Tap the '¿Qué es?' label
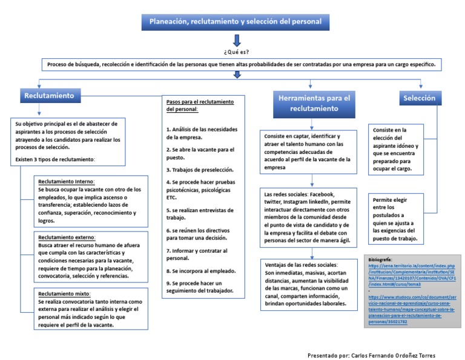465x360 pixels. click(236, 52)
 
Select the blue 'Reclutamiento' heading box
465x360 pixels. click(48, 96)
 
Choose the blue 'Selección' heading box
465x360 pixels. click(419, 97)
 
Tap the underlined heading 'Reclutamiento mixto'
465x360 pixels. click(64, 293)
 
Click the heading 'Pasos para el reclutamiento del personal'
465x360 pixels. click(200, 105)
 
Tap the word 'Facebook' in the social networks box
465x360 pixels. click(326, 193)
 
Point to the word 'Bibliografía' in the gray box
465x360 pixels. click(380, 259)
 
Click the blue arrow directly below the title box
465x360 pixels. click(236, 40)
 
